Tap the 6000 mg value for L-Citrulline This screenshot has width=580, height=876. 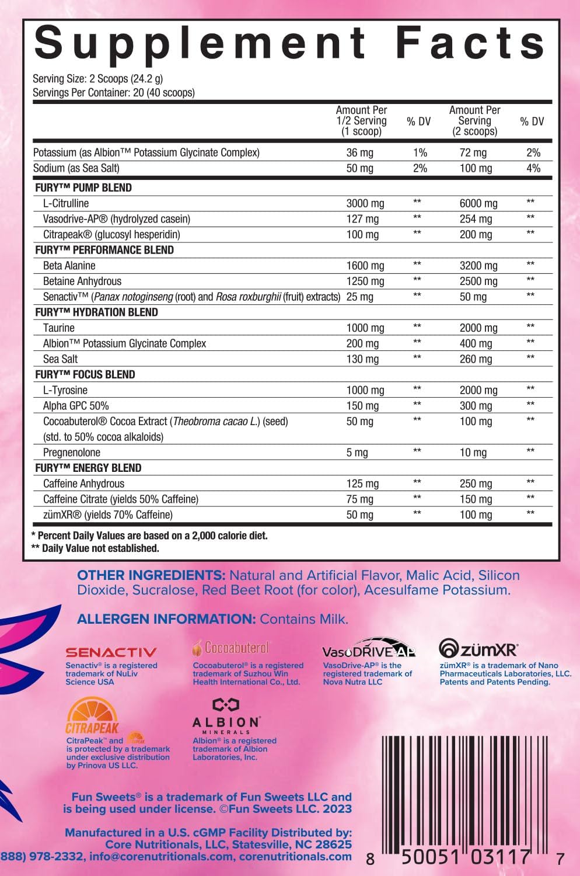click(478, 203)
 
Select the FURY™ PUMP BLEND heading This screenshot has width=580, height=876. click(83, 188)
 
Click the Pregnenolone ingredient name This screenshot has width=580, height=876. click(72, 453)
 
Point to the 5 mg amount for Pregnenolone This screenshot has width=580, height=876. click(357, 453)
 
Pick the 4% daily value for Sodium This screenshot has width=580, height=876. click(533, 168)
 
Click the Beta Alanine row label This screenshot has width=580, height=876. click(69, 266)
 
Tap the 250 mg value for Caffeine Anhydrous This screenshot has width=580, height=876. click(476, 484)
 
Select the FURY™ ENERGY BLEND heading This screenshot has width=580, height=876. click(88, 468)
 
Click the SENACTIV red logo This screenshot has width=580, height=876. click(111, 652)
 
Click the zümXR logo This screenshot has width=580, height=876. click(478, 648)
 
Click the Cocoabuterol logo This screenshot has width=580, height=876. click(231, 648)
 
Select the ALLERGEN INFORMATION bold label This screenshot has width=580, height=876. click(166, 619)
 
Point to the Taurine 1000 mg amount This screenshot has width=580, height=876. click(365, 328)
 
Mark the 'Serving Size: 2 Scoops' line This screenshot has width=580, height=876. click(97, 79)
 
